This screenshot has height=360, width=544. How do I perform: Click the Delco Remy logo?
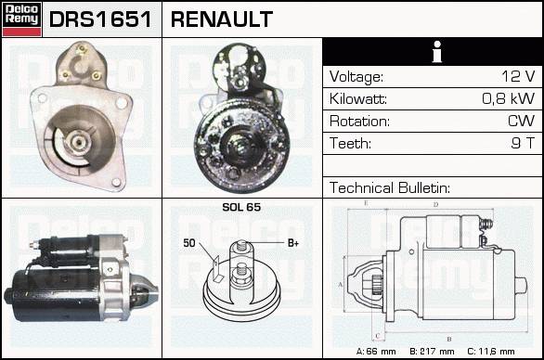coord(22,19)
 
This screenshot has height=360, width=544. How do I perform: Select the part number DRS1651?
coord(100,19)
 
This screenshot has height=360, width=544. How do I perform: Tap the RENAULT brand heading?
coord(222,19)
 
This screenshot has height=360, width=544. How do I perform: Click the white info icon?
coord(437,52)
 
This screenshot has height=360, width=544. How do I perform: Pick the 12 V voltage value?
coord(518,76)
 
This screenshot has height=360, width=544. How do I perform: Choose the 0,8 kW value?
coord(509,98)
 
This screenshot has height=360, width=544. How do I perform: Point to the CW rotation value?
coord(521,121)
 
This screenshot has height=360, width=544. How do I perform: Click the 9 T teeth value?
coord(523,143)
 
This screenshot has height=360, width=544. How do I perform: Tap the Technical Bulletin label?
coord(389,187)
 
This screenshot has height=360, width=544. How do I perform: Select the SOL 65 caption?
coord(241,207)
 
